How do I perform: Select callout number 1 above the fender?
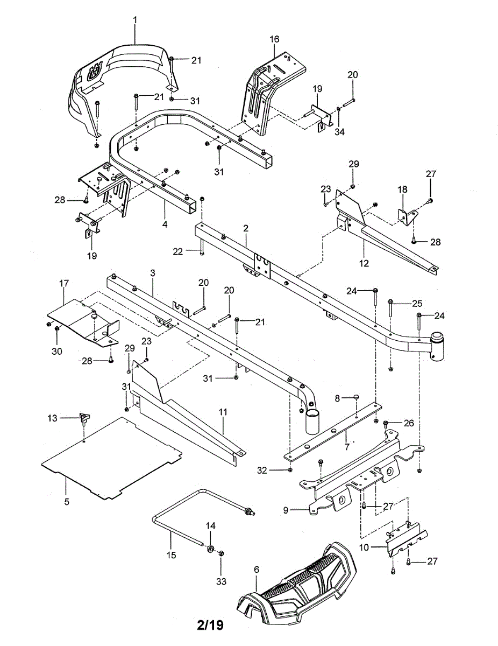click(135, 20)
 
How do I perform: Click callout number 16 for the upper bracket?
click(274, 39)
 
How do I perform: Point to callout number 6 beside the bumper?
click(257, 568)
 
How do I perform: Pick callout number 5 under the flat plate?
click(67, 502)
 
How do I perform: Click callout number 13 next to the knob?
click(52, 418)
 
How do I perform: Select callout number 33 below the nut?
click(221, 581)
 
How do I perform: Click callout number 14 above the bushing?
click(210, 526)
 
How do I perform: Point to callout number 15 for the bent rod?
click(172, 554)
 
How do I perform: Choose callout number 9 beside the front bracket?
click(286, 510)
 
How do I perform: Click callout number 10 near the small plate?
click(364, 547)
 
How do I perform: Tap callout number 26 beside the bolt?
click(409, 423)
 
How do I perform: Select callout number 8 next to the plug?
click(337, 398)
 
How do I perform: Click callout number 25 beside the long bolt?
click(417, 303)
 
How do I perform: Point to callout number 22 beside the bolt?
click(178, 252)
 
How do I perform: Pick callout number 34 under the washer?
click(339, 131)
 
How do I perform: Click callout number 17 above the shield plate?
click(64, 283)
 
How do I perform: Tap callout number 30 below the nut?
click(56, 351)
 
